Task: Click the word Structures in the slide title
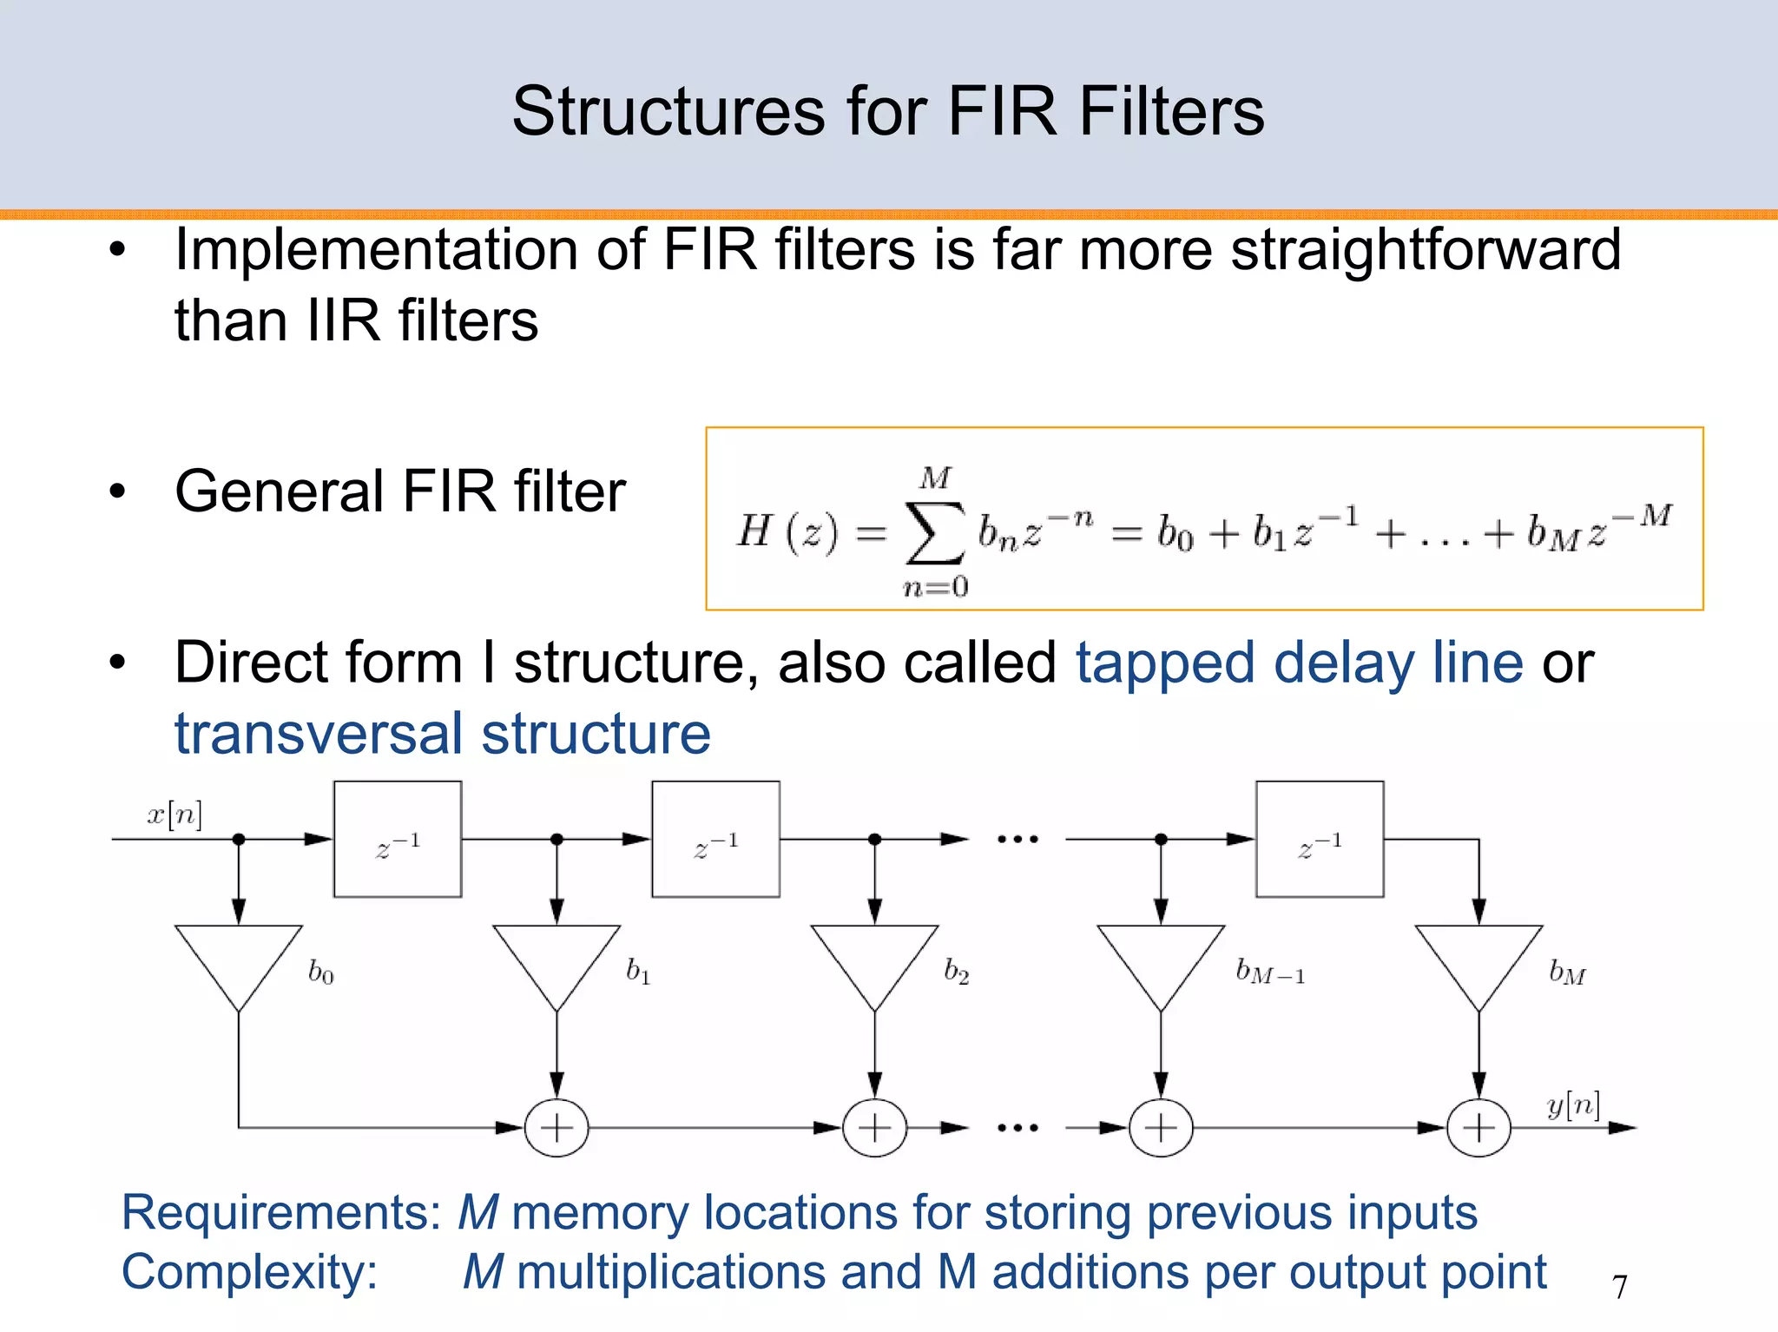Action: [668, 112]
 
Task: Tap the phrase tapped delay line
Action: [1299, 663]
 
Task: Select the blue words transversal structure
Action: [442, 735]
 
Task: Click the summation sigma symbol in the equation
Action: [934, 532]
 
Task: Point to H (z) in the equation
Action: [787, 531]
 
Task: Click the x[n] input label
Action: [175, 814]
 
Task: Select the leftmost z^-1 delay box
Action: [398, 839]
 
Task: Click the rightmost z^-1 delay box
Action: [1320, 839]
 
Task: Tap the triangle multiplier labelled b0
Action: [239, 959]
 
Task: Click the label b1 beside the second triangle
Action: [638, 971]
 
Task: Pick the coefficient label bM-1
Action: [1269, 972]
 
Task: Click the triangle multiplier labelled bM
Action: [1478, 959]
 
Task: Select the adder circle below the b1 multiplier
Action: [556, 1128]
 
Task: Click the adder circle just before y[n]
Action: [1478, 1128]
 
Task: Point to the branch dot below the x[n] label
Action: [239, 839]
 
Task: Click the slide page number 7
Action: [1619, 1287]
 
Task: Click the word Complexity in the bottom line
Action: [250, 1273]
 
